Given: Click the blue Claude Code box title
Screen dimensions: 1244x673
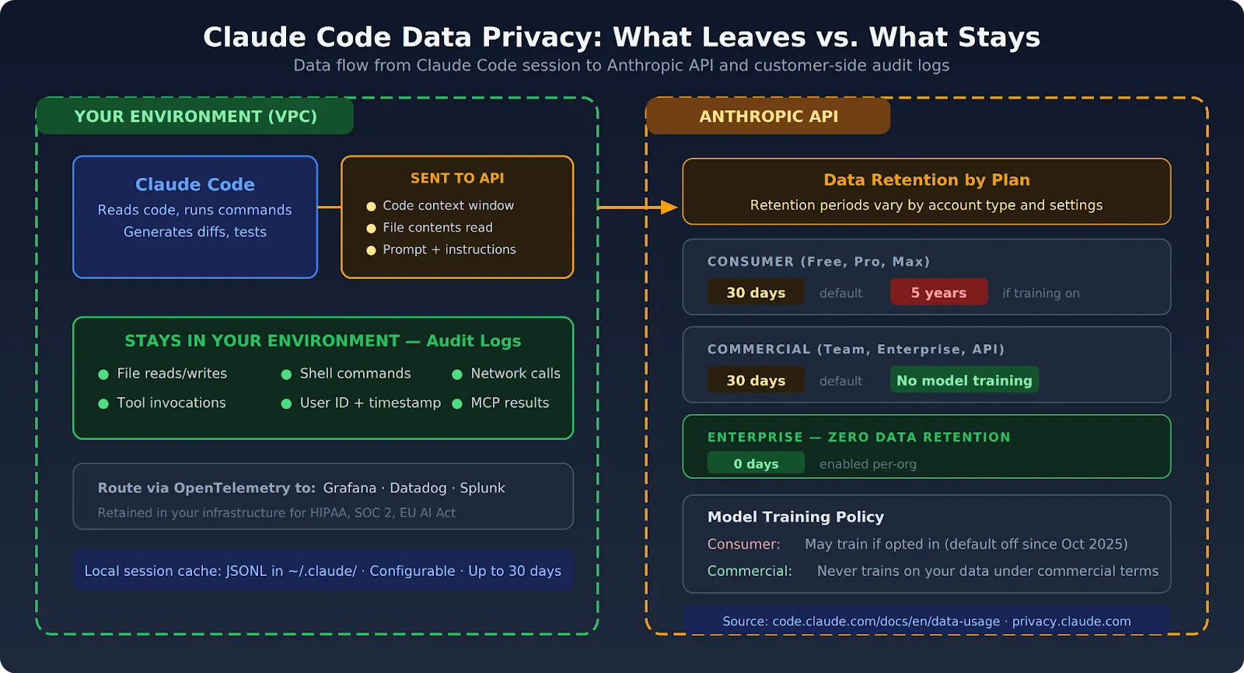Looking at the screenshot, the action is tap(195, 185).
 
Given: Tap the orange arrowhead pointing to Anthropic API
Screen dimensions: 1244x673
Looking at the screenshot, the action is tap(669, 207).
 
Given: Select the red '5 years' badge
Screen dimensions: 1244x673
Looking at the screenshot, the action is tap(938, 293).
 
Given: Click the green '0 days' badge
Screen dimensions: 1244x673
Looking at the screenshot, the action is tap(756, 464).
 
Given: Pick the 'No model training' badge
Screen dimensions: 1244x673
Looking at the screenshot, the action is tap(964, 381).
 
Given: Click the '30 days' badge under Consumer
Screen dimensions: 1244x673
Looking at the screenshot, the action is tap(756, 293).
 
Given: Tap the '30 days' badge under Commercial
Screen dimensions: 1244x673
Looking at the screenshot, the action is tap(756, 381).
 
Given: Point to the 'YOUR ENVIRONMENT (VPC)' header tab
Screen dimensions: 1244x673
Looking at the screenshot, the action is tap(195, 117).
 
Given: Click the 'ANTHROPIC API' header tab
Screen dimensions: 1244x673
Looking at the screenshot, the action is tap(768, 117).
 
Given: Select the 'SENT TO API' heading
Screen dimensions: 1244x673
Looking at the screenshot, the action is tap(457, 179).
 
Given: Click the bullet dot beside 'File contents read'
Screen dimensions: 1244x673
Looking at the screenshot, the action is tap(371, 228).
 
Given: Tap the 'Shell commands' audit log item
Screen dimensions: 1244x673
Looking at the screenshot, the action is tap(355, 374).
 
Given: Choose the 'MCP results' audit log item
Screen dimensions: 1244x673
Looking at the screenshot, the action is tap(510, 403).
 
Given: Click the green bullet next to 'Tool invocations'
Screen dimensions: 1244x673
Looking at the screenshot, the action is tap(103, 403).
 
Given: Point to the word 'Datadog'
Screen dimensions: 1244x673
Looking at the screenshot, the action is tap(418, 488).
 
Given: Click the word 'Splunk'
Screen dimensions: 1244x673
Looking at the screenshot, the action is tap(482, 488).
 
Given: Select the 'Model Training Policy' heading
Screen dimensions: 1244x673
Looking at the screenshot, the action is tap(795, 518).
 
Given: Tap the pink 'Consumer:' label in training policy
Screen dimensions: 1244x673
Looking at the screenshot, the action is tap(743, 545).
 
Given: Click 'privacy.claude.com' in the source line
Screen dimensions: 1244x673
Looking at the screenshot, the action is tap(1071, 622).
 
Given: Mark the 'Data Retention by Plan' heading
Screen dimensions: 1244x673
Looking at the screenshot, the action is tap(927, 180).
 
